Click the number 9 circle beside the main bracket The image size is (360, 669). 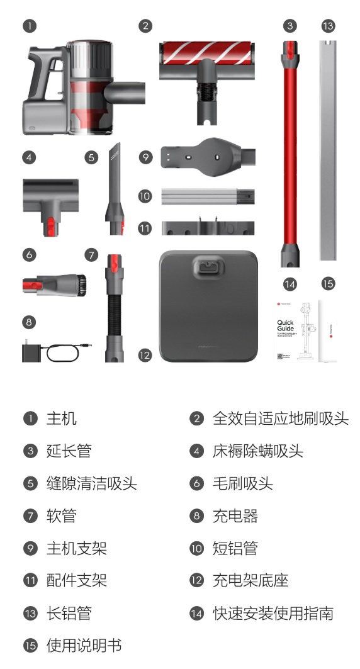click(145, 156)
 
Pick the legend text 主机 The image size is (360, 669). click(62, 419)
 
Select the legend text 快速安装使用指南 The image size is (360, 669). click(273, 613)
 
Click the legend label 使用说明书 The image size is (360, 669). click(84, 646)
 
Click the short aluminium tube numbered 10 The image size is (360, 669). click(208, 196)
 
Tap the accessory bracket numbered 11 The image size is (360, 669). click(208, 227)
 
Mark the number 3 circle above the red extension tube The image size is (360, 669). click(290, 26)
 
